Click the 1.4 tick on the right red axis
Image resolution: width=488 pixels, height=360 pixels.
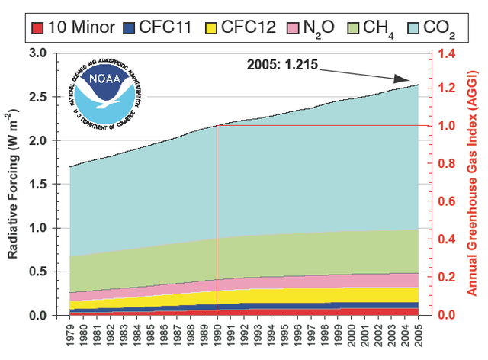pyautogui.click(x=447, y=53)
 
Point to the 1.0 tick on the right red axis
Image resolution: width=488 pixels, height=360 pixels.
pyautogui.click(x=447, y=126)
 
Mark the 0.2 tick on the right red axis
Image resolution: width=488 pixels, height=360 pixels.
pyautogui.click(x=447, y=277)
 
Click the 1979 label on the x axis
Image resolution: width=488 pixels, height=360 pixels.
pyautogui.click(x=70, y=333)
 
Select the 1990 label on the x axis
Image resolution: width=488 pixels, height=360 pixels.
pyautogui.click(x=217, y=333)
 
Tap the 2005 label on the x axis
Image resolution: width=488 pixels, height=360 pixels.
pyautogui.click(x=418, y=333)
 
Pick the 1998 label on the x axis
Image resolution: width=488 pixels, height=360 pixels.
pyautogui.click(x=324, y=333)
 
